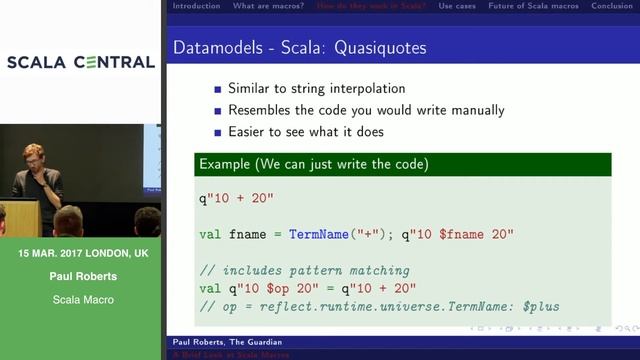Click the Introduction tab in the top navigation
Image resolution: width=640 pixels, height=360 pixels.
point(196,6)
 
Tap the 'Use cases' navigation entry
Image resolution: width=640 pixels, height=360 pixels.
point(457,6)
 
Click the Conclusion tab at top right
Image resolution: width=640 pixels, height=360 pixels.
point(612,6)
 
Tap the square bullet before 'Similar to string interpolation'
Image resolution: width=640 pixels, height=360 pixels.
point(216,89)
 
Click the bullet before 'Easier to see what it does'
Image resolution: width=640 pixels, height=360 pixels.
point(216,132)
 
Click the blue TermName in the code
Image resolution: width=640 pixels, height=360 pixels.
point(321,234)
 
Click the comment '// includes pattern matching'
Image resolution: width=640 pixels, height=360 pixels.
point(304,271)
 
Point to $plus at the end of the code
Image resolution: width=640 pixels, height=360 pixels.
point(537,306)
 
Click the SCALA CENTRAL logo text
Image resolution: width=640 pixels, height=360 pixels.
point(81,62)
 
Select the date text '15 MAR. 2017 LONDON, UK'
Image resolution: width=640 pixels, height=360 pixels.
point(83,254)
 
